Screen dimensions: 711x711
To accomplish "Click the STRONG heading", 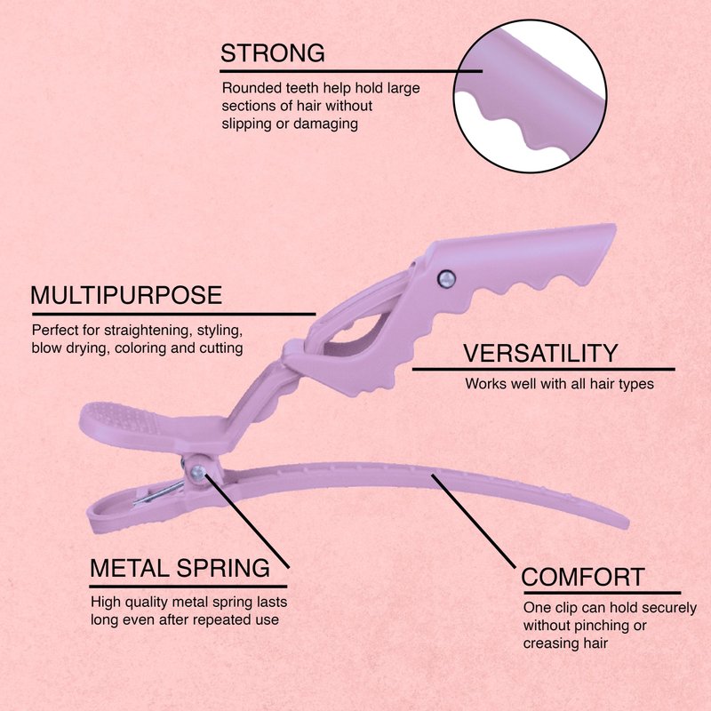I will (x=272, y=53).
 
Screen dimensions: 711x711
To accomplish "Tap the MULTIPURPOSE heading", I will (x=126, y=295).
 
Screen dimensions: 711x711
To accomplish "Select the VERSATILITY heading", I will (x=539, y=353).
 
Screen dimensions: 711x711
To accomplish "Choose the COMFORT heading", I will (x=583, y=577).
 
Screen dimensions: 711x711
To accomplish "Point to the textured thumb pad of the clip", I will (x=124, y=417).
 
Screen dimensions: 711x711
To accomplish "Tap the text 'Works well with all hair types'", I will (x=559, y=385).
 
